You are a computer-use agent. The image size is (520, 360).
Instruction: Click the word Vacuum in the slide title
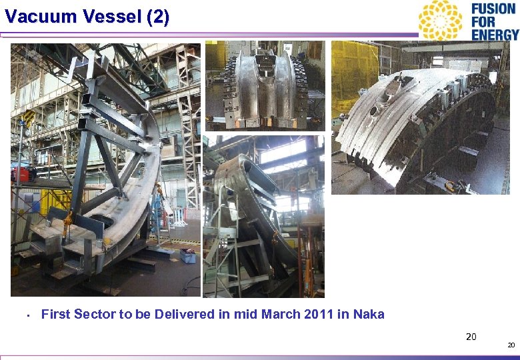[x=38, y=17]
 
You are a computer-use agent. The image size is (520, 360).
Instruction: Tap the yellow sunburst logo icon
[x=441, y=20]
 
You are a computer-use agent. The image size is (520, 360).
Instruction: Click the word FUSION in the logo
[x=493, y=9]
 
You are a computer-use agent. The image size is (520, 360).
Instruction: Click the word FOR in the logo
[x=483, y=21]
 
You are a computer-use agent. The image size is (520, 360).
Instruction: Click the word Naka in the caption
[x=369, y=314]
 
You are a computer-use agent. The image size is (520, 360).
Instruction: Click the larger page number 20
[x=471, y=336]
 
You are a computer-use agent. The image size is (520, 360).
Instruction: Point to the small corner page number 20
[x=511, y=345]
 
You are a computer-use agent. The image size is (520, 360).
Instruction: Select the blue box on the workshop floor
[x=188, y=255]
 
